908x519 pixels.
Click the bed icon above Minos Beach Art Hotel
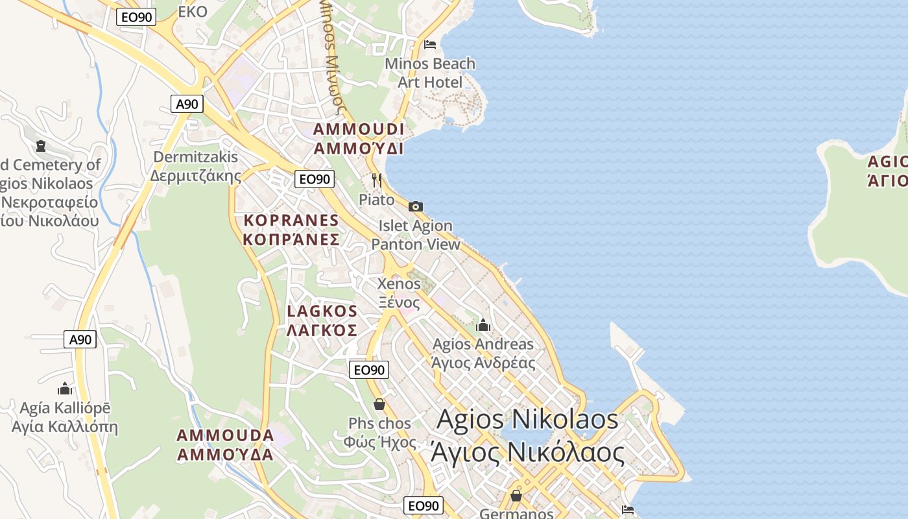pyautogui.click(x=430, y=45)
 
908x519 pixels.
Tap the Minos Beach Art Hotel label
pyautogui.click(x=430, y=73)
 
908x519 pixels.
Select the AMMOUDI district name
pyautogui.click(x=359, y=138)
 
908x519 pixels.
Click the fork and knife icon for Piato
pyautogui.click(x=377, y=180)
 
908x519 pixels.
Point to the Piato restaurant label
pyautogui.click(x=377, y=199)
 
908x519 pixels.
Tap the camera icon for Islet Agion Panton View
pyautogui.click(x=416, y=207)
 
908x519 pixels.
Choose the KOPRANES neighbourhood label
pyautogui.click(x=291, y=230)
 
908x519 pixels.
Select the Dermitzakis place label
pyautogui.click(x=196, y=166)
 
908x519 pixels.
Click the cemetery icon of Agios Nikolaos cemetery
pyautogui.click(x=42, y=146)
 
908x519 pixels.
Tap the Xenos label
pyautogui.click(x=399, y=293)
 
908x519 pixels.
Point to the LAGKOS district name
pyautogui.click(x=322, y=320)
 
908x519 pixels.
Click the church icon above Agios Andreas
pyautogui.click(x=483, y=325)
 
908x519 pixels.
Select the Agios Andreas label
pyautogui.click(x=483, y=353)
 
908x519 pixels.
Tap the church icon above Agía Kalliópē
pyautogui.click(x=65, y=389)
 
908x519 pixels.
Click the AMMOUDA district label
pyautogui.click(x=225, y=444)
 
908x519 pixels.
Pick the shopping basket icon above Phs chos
pyautogui.click(x=379, y=404)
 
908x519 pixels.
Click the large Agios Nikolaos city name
pyautogui.click(x=527, y=435)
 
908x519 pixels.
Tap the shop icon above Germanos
pyautogui.click(x=516, y=496)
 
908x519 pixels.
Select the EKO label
pyautogui.click(x=193, y=11)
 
